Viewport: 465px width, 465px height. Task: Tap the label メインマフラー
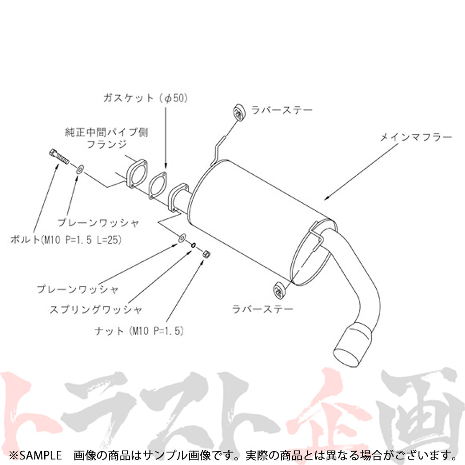click(416, 137)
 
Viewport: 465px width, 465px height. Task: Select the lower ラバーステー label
click(264, 308)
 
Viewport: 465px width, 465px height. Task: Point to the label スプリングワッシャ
click(95, 309)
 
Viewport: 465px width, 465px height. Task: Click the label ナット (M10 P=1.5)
click(138, 331)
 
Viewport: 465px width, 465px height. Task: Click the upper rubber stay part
click(239, 112)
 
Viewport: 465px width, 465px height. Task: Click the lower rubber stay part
click(279, 290)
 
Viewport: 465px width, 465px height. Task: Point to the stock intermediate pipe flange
click(136, 174)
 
